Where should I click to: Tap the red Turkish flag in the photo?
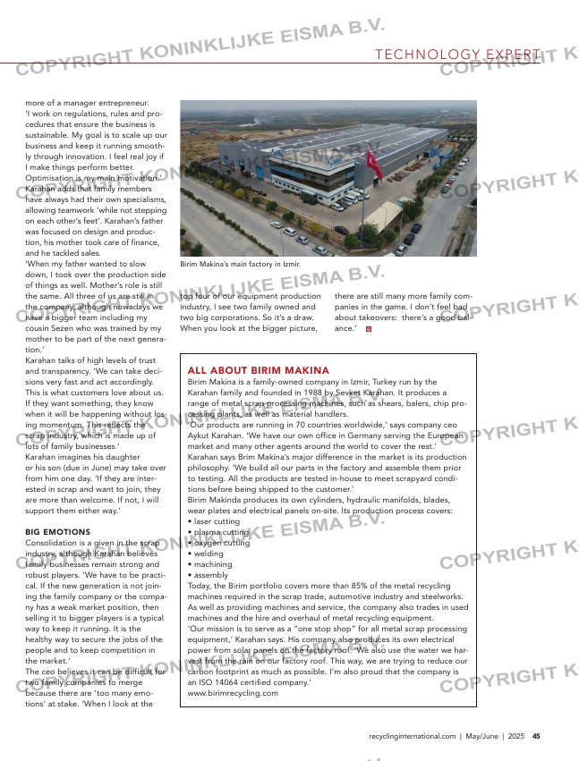[x=373, y=162]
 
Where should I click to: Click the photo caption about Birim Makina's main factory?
[x=240, y=265]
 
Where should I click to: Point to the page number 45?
[x=535, y=737]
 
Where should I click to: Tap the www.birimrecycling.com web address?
[x=233, y=693]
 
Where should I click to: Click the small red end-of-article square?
[x=369, y=329]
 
